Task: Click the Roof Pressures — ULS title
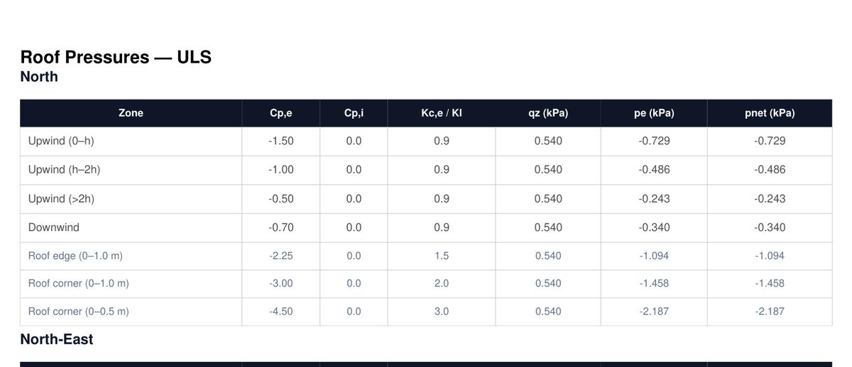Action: coord(116,57)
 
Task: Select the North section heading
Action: coord(39,77)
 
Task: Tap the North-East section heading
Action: coord(56,339)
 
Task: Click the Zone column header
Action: coord(131,113)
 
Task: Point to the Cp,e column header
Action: coord(280,113)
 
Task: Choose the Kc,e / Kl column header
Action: coord(441,113)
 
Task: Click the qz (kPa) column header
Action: coord(548,113)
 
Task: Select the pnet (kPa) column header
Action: coord(770,113)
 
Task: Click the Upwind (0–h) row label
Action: coord(61,141)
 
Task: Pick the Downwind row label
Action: coord(54,228)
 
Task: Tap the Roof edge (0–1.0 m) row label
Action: coord(75,255)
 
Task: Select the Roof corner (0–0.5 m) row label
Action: coord(79,312)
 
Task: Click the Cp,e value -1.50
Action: coord(280,141)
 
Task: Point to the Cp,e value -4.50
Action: coord(280,312)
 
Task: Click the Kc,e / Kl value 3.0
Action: coord(441,312)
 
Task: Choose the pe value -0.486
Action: coord(654,170)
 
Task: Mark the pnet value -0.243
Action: coord(770,199)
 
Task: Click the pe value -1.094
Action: coord(654,255)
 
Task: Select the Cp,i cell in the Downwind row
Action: coord(354,228)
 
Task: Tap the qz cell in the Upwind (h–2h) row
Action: coord(548,170)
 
